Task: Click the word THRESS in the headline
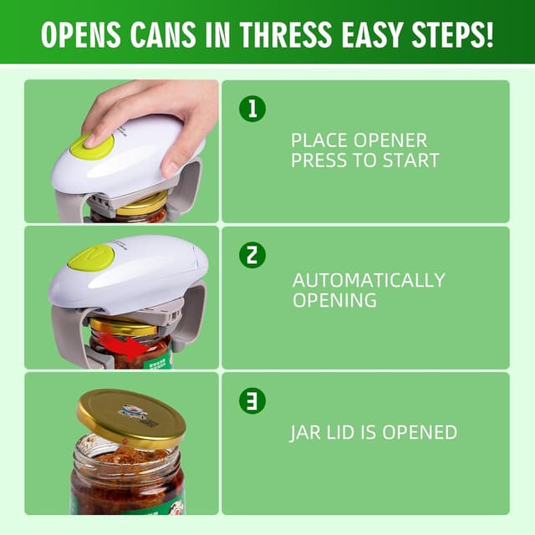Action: click(285, 35)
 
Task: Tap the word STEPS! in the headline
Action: click(453, 35)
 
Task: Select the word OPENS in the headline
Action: click(81, 35)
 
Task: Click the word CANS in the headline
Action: click(162, 35)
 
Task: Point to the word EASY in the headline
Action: click(371, 35)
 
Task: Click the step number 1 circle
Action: click(252, 109)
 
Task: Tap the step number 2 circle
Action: click(252, 255)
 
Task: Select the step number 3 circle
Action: click(252, 400)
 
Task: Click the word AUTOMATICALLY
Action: click(369, 280)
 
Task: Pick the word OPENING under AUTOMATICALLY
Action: click(334, 300)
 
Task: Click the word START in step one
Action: click(410, 160)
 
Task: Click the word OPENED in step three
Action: click(420, 432)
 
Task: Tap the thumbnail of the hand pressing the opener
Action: click(121, 151)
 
